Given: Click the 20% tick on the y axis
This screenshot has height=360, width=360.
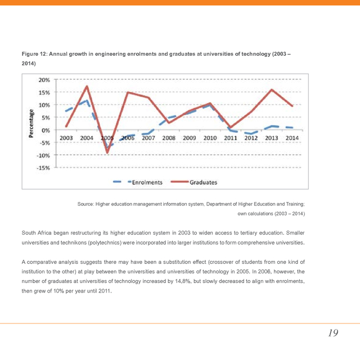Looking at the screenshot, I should (44, 80).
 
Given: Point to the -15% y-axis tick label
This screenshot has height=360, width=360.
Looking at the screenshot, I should (43, 167).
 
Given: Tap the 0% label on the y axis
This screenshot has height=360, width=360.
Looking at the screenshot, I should (46, 130).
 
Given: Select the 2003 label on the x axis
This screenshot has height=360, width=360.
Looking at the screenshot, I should (66, 138).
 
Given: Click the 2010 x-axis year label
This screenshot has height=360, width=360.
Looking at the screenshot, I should (210, 138).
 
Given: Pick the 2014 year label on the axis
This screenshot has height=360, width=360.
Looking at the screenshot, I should (291, 138).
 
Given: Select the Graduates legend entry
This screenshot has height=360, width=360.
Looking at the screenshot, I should (203, 182).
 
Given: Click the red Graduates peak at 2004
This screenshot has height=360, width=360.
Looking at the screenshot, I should (87, 86).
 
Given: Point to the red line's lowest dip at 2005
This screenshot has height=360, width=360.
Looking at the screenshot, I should (107, 152).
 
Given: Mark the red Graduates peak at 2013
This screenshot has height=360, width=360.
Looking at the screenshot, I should (272, 89).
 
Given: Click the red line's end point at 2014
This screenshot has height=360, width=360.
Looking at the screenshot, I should (292, 106).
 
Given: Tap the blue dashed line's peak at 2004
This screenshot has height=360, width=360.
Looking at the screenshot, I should (86, 101).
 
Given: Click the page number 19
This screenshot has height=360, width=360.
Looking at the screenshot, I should (333, 333).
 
